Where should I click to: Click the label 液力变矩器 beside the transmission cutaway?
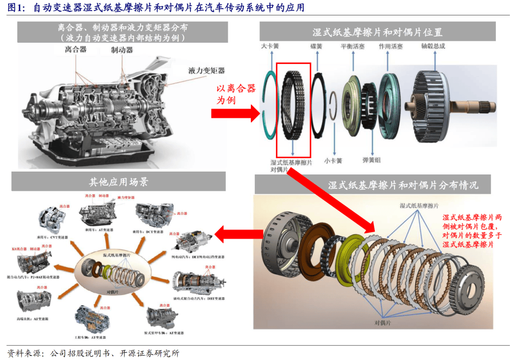(x=207, y=71)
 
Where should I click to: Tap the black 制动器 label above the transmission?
(x=122, y=50)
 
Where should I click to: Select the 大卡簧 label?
(x=270, y=47)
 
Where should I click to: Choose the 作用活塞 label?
(x=390, y=47)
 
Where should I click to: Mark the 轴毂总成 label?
(x=433, y=46)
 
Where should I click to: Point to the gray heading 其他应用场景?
(x=118, y=182)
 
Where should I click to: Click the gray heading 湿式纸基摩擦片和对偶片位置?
(x=377, y=32)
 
